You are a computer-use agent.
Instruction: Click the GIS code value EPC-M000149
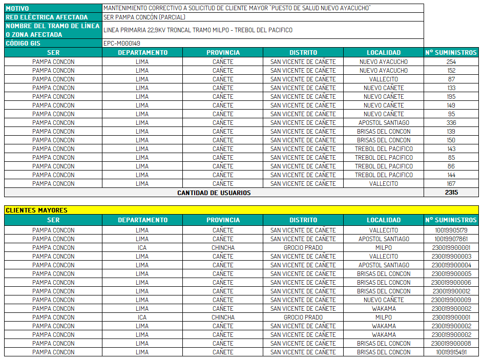[x=122, y=44]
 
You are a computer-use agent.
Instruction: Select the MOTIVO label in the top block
[x=17, y=9]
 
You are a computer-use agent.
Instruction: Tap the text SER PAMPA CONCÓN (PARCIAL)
[x=144, y=17]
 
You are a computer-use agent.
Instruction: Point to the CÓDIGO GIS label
[x=23, y=44]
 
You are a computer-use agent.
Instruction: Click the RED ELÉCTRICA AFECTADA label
[x=47, y=17]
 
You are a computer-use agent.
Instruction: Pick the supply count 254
[x=451, y=62]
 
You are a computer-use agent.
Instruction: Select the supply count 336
[x=451, y=123]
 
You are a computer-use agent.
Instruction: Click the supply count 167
[x=451, y=184]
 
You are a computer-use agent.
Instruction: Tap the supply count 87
[x=451, y=79]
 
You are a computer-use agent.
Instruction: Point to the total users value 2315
[x=451, y=193]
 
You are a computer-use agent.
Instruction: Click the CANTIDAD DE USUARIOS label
[x=214, y=193]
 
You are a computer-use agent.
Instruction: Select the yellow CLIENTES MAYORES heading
[x=37, y=210]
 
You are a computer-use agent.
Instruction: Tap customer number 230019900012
[x=451, y=291]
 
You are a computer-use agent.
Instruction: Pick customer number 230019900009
[x=451, y=300]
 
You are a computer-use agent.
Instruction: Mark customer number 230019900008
[x=451, y=344]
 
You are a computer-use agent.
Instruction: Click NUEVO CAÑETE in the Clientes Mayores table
[x=384, y=300]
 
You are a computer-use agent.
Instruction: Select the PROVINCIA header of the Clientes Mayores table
[x=223, y=220]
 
